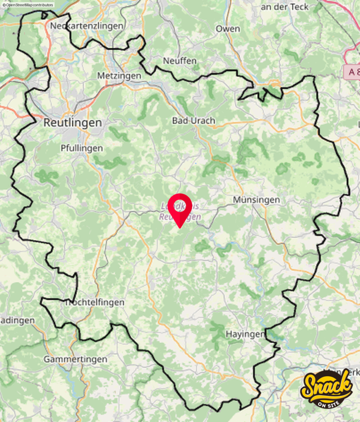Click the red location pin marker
click(180, 208)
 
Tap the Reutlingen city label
click(73, 122)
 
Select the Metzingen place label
click(119, 76)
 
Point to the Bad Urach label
click(193, 121)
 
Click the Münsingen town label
click(256, 199)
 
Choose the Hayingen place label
click(245, 334)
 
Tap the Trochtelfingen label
click(95, 302)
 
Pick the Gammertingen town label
click(75, 359)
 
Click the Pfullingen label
click(82, 148)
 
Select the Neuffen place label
click(180, 61)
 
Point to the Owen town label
click(228, 29)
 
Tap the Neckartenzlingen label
click(87, 26)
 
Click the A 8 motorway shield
click(351, 72)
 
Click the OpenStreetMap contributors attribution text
click(28, 5)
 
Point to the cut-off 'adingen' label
click(17, 320)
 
